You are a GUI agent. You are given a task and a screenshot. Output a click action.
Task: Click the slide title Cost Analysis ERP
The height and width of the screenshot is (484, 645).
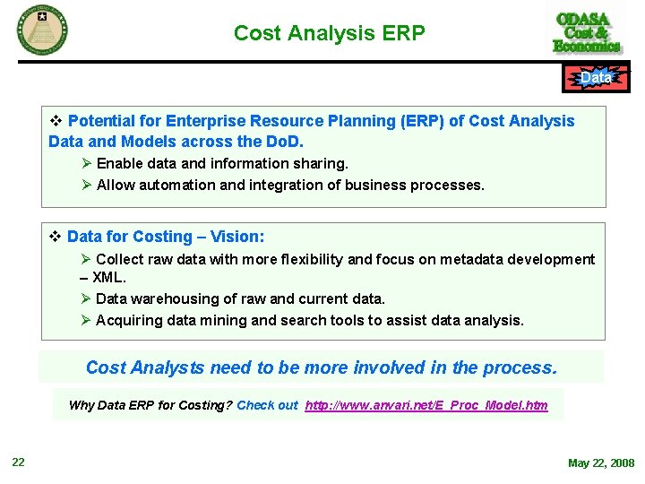pyautogui.click(x=329, y=33)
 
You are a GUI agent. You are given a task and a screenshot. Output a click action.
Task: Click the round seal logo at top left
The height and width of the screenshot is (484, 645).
pyautogui.click(x=42, y=30)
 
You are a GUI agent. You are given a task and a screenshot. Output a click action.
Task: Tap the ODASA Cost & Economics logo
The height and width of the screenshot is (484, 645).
pyautogui.click(x=587, y=32)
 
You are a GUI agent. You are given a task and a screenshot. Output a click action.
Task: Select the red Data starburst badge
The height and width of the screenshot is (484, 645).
pyautogui.click(x=596, y=78)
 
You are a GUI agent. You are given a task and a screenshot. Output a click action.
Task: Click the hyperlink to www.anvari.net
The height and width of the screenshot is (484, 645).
pyautogui.click(x=426, y=405)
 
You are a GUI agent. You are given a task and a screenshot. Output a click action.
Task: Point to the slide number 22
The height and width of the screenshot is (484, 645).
pyautogui.click(x=18, y=462)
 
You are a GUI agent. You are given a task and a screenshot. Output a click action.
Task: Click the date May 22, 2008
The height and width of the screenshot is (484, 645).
pyautogui.click(x=600, y=463)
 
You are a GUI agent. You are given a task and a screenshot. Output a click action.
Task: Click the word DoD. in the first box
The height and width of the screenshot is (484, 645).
pyautogui.click(x=284, y=142)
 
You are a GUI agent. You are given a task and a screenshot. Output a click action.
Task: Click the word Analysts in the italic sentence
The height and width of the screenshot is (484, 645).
pyautogui.click(x=167, y=367)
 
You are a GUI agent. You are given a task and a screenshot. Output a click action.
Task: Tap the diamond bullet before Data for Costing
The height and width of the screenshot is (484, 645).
pyautogui.click(x=54, y=237)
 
